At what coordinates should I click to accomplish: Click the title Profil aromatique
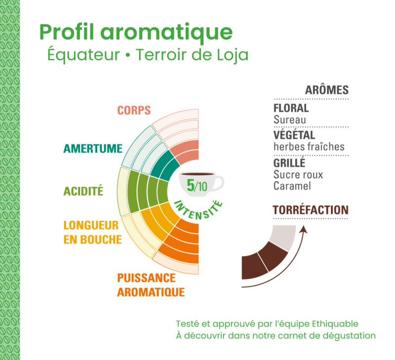(136, 32)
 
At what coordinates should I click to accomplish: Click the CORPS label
(134, 110)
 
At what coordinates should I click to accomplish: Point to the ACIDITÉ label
(83, 191)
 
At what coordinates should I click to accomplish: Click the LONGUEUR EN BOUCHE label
(92, 233)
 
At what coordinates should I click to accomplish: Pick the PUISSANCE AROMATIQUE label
(151, 285)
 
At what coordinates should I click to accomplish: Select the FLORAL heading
(291, 108)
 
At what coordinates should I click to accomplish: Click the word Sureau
(289, 120)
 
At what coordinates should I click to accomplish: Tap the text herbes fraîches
(309, 147)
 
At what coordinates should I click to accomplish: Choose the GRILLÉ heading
(289, 162)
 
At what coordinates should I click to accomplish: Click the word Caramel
(292, 186)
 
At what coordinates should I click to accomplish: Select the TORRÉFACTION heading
(310, 210)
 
